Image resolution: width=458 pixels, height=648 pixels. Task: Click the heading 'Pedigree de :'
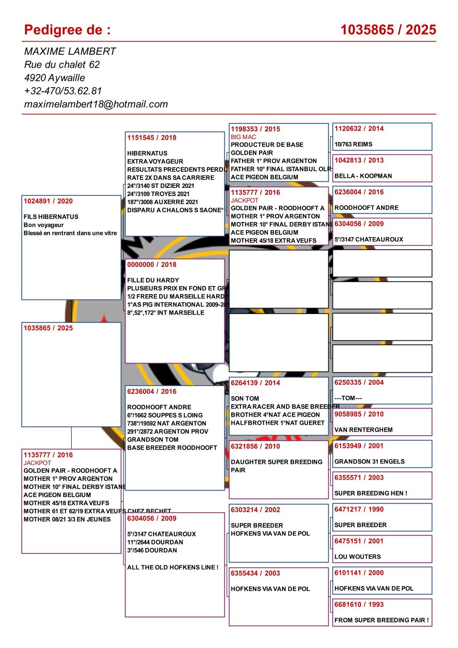67,30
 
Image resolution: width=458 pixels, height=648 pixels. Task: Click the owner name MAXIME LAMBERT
70,51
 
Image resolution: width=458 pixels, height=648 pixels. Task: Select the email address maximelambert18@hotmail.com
96,104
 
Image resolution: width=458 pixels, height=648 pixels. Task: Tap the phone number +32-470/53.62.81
63,91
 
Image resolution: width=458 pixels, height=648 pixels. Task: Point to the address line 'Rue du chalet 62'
62,64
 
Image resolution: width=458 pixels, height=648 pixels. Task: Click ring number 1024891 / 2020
48,201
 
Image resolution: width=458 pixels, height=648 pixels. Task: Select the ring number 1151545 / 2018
152,137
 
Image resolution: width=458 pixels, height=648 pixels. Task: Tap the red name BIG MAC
243,137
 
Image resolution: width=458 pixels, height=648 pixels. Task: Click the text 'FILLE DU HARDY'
153,280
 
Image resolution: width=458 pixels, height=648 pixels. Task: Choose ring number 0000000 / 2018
152,265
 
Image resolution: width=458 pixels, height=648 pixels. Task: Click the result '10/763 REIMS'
353,144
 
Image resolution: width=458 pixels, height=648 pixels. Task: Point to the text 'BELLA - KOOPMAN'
363,176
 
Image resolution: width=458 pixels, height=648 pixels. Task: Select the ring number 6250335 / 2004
359,382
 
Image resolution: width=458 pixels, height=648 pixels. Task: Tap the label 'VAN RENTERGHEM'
363,430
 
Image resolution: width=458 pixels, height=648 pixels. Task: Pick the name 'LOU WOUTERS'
358,556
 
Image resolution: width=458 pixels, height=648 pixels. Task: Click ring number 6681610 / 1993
359,604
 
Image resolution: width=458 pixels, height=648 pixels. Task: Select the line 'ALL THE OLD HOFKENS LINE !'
173,567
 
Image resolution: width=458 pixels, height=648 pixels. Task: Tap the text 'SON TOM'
245,399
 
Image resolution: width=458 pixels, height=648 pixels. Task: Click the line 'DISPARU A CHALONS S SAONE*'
175,210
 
